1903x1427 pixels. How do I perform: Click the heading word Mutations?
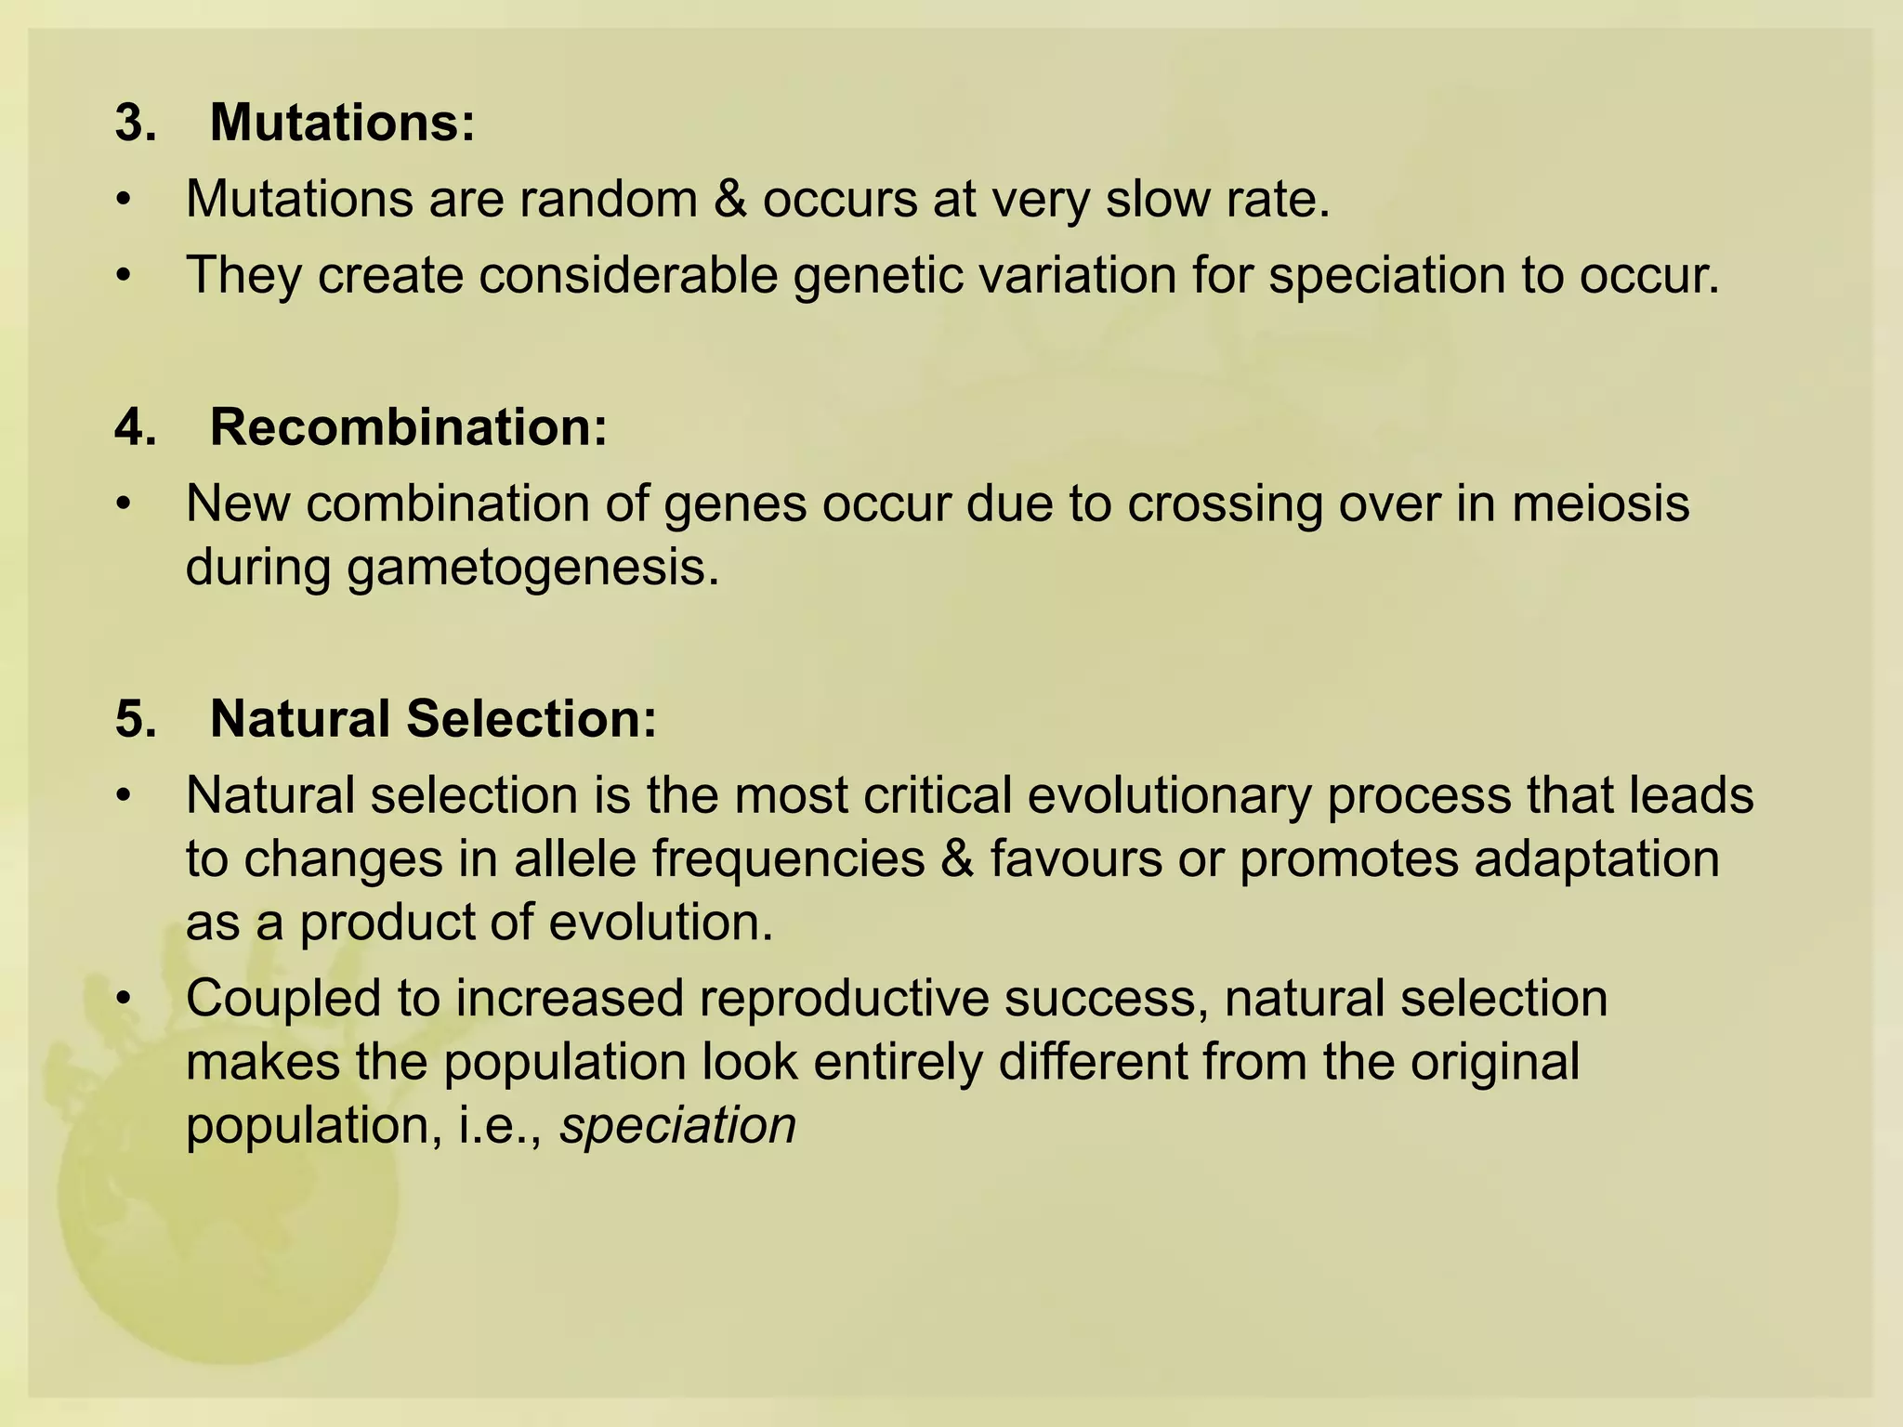coord(342,123)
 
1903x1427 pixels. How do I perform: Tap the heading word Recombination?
coord(408,427)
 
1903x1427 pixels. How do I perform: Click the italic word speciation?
coord(678,1126)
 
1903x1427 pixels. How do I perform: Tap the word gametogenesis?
coord(533,567)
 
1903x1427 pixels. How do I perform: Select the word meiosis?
coord(1600,504)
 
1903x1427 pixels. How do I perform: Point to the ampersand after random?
coord(731,199)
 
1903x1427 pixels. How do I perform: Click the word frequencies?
coord(788,858)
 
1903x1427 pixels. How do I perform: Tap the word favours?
coord(1075,858)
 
